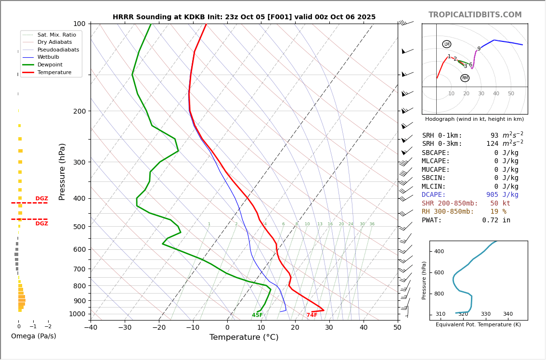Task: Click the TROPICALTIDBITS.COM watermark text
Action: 475,15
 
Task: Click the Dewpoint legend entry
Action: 50,65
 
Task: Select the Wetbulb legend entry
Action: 48,57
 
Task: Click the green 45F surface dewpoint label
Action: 257,315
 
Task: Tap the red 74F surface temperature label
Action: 312,315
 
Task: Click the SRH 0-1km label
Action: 442,136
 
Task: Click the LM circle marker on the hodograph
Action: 447,44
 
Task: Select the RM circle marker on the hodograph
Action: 465,78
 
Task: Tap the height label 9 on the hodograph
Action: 479,49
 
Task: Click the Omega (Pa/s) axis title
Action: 34,336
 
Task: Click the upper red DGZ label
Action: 42,199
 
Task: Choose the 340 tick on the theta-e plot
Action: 508,314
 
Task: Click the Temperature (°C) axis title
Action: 244,337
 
